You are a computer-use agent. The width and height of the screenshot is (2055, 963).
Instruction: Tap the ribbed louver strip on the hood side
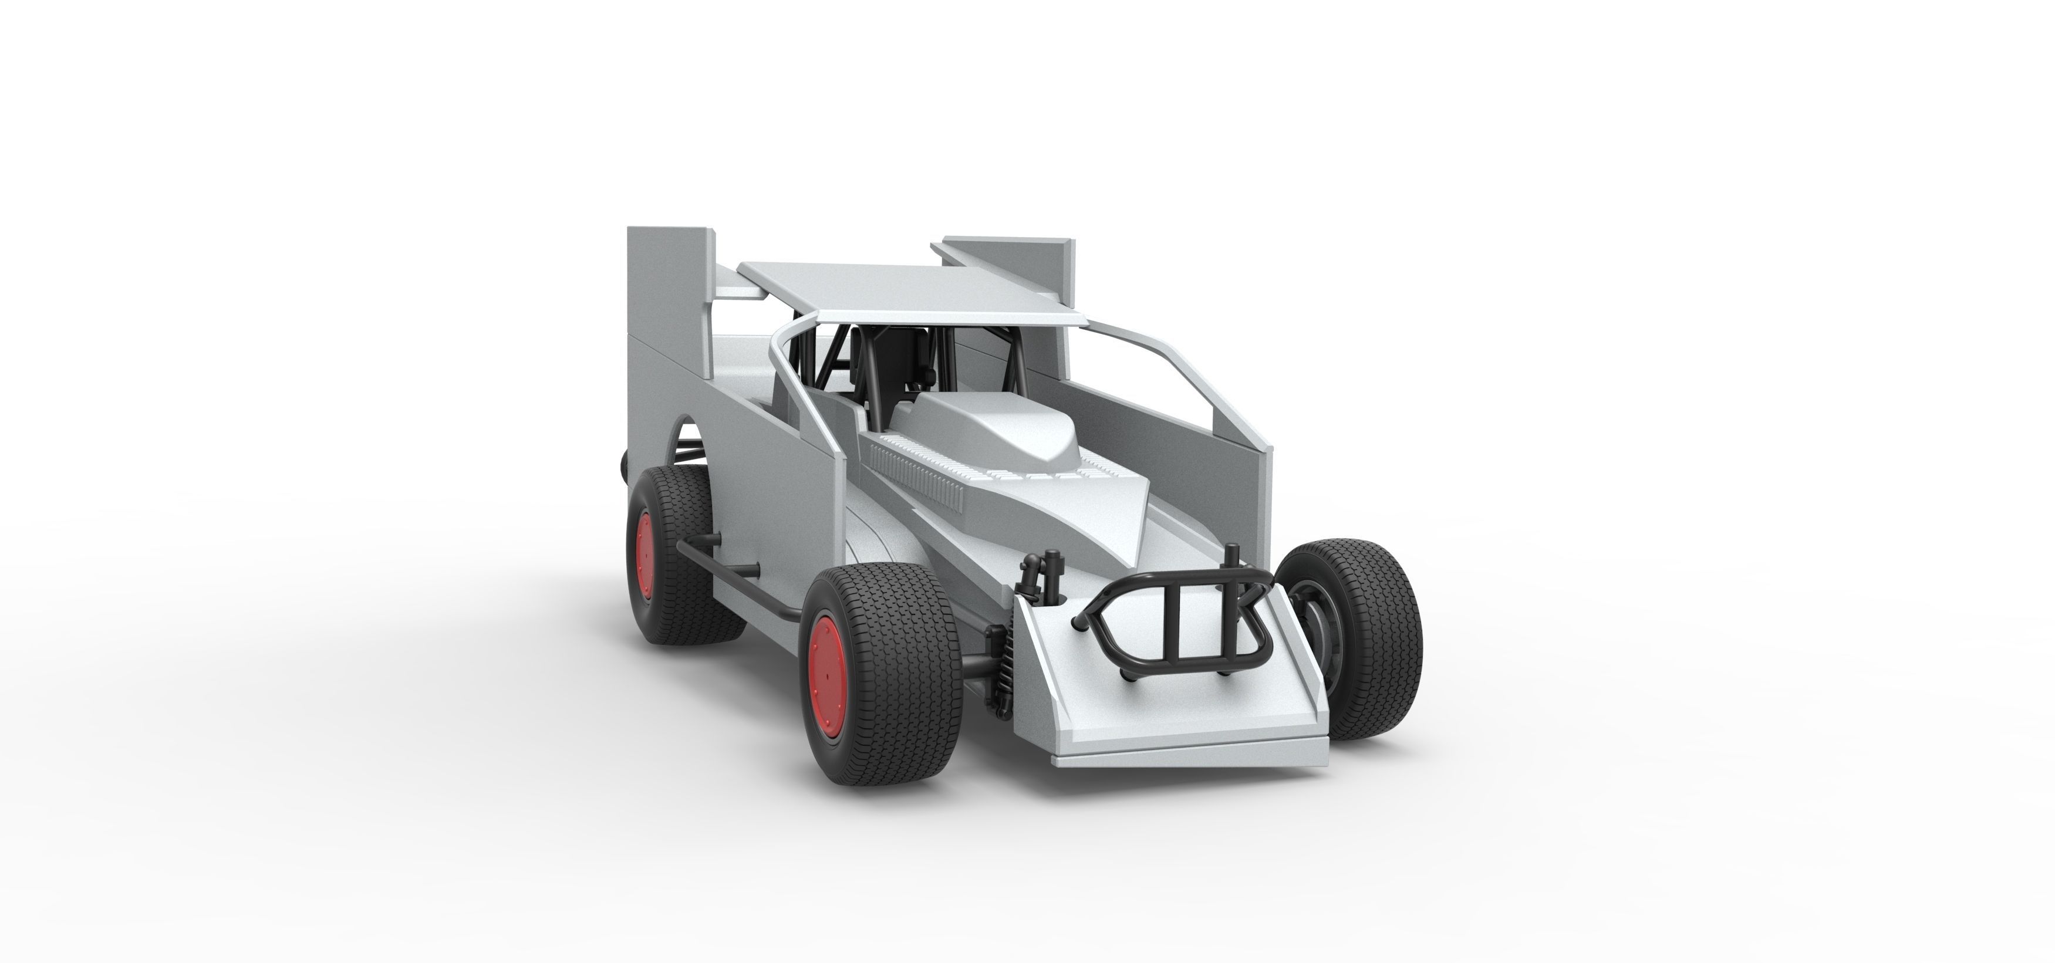click(917, 479)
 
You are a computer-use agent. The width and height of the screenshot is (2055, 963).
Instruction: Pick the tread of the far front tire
click(1380, 638)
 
